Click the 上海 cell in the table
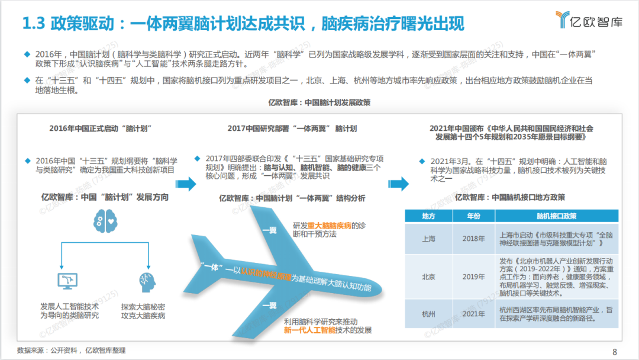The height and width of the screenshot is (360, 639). (429, 239)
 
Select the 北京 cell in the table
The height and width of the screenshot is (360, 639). (429, 277)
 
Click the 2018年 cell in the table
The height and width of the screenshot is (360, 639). (473, 239)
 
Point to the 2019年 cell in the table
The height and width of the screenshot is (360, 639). (473, 277)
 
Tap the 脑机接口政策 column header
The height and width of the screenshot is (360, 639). (556, 216)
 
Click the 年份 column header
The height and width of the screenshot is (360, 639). (473, 216)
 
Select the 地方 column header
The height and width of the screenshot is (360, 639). (429, 216)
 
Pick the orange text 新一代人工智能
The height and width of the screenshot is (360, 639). (309, 330)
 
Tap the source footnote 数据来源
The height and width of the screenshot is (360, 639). (71, 351)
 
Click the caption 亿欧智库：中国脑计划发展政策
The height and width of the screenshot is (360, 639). (319, 102)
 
